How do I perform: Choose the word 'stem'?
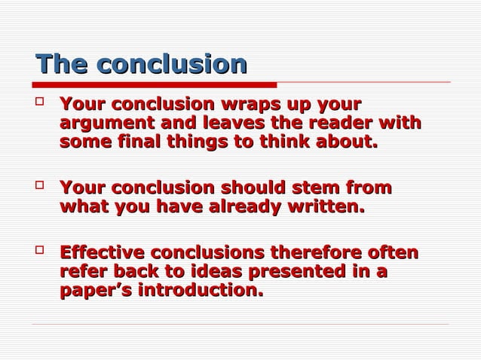click(320, 188)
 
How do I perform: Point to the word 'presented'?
click(313, 271)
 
